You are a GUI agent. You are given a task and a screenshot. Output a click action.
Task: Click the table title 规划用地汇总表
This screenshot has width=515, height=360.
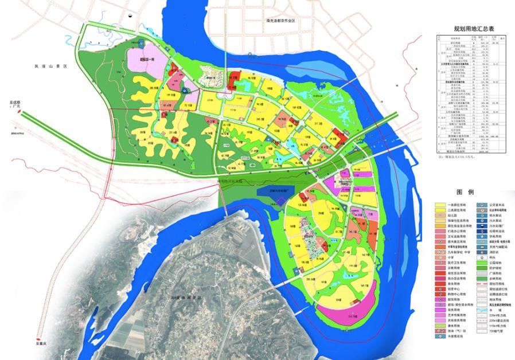point(473,28)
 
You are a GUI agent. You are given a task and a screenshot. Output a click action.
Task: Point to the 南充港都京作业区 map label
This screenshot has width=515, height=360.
point(280,21)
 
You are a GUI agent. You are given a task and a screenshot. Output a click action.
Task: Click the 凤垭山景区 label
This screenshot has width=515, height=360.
point(51,67)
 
